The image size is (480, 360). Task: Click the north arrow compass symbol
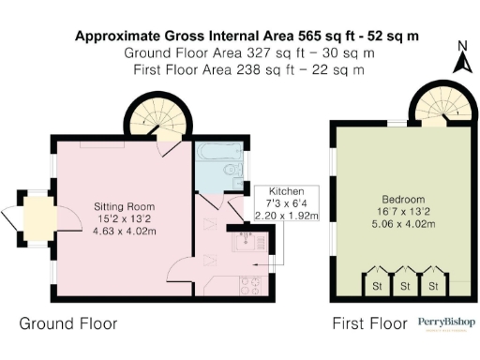pyautogui.click(x=460, y=60)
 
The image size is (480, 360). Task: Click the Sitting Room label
pyautogui.click(x=123, y=206)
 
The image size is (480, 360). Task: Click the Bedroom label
pyautogui.click(x=403, y=200)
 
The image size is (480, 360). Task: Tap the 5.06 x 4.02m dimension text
pyautogui.click(x=403, y=224)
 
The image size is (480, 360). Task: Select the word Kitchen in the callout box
pyautogui.click(x=287, y=190)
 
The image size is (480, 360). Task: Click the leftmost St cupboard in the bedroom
pyautogui.click(x=377, y=283)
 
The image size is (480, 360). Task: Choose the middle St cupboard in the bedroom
pyautogui.click(x=405, y=283)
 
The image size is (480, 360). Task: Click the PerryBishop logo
pyautogui.click(x=446, y=323)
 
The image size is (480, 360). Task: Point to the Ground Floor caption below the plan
pyautogui.click(x=68, y=324)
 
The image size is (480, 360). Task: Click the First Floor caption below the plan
pyautogui.click(x=369, y=324)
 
